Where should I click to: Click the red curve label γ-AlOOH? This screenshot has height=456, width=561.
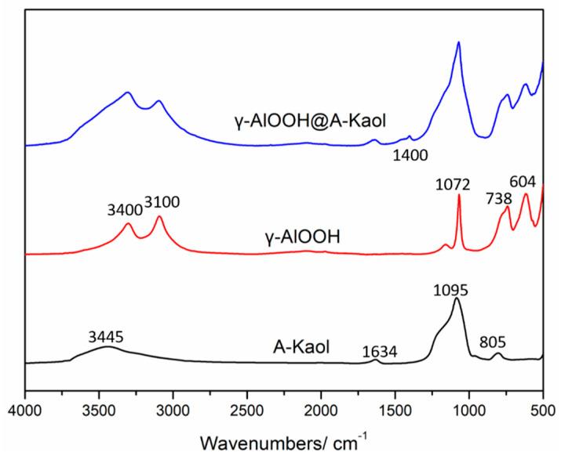click(303, 234)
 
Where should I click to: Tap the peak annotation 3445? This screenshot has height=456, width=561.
click(106, 337)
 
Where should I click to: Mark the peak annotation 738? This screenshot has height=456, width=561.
click(492, 201)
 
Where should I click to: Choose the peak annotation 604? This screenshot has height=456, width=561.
click(522, 182)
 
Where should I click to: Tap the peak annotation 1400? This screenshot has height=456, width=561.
click(410, 155)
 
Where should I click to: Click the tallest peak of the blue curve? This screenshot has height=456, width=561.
click(458, 42)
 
